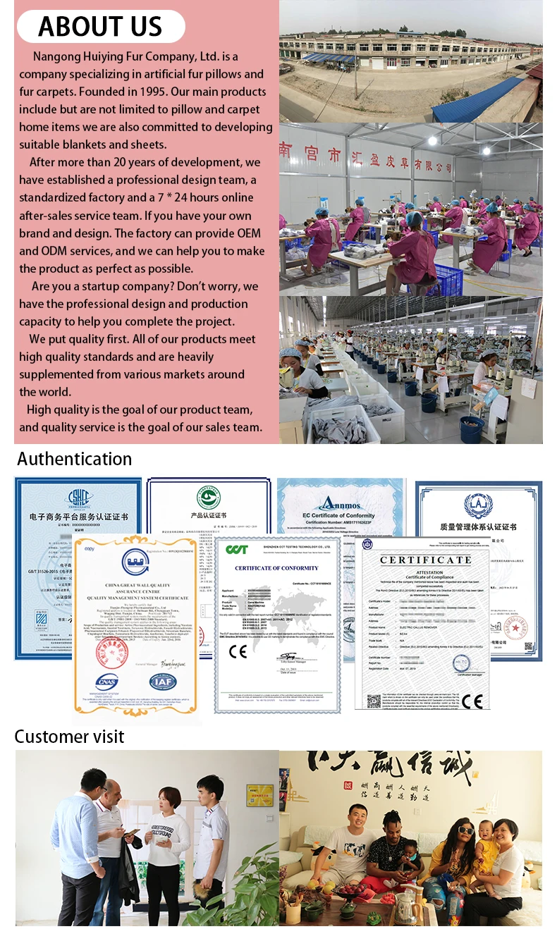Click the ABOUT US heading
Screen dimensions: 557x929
point(100,26)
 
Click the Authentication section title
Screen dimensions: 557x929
point(74,459)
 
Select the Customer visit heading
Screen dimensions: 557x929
point(69,737)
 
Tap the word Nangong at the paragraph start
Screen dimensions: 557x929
point(57,56)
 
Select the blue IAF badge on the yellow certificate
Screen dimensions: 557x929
point(161,681)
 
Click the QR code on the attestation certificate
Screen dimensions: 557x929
point(374,701)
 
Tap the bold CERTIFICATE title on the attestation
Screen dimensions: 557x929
point(425,560)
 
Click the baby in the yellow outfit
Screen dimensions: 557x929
point(486,853)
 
